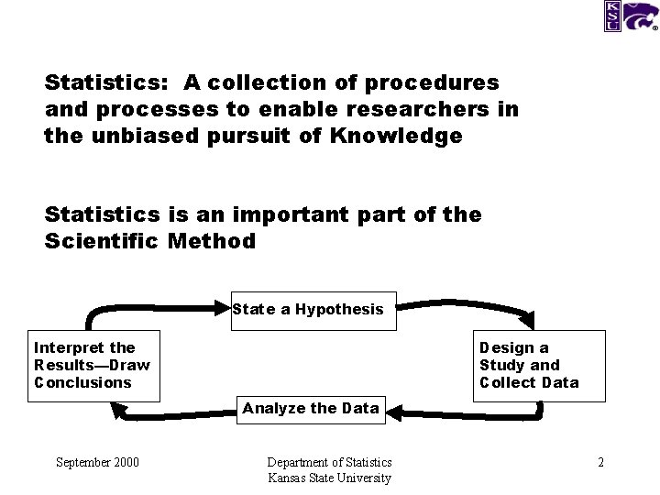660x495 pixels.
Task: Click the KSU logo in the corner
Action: [630, 16]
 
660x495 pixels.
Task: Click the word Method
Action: [212, 241]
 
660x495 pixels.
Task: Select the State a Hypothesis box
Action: [308, 310]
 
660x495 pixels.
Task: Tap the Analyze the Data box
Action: [311, 409]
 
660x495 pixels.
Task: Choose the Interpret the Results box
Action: [93, 365]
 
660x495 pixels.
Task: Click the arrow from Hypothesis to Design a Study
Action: [467, 304]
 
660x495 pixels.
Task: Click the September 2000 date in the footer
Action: [97, 462]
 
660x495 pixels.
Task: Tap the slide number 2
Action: [600, 462]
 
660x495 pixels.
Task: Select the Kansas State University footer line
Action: [329, 478]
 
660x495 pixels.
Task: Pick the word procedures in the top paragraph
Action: [433, 82]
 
